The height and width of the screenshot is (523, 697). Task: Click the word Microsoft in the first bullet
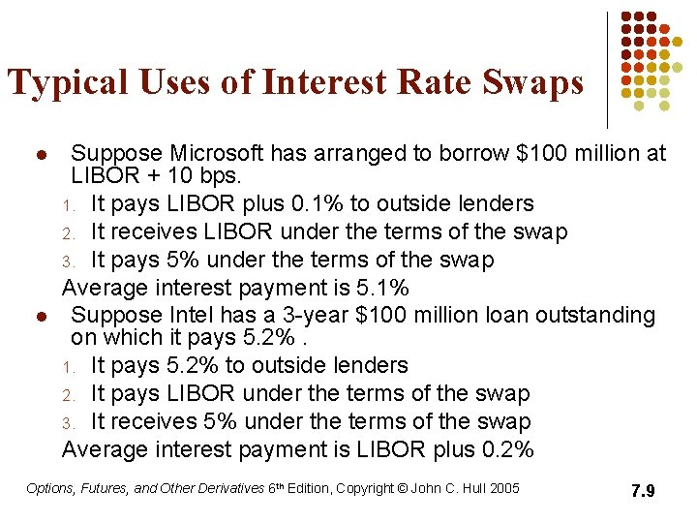217,153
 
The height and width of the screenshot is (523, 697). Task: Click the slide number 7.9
643,491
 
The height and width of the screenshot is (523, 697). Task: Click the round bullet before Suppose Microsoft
40,155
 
